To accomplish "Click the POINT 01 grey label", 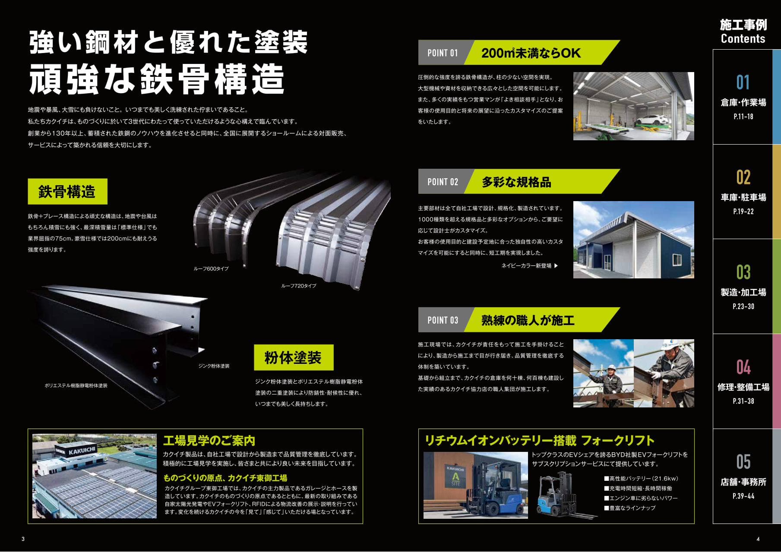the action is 442,53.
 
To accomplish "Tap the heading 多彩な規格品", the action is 516,182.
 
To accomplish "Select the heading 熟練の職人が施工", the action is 528,320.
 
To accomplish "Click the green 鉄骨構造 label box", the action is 67,192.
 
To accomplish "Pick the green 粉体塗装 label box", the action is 294,357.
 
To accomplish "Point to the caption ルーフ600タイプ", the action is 211,269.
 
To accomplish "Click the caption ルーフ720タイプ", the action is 299,286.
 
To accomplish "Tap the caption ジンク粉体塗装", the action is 214,366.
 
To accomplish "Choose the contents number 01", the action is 743,82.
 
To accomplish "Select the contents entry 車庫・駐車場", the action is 743,197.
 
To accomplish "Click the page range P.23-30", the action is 743,306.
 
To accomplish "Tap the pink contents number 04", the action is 743,367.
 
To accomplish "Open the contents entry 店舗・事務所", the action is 743,482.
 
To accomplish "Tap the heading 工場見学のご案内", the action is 209,441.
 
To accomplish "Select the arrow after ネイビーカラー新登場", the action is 556,266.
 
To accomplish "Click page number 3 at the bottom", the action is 23,539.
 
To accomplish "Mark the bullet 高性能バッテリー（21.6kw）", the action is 641,479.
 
